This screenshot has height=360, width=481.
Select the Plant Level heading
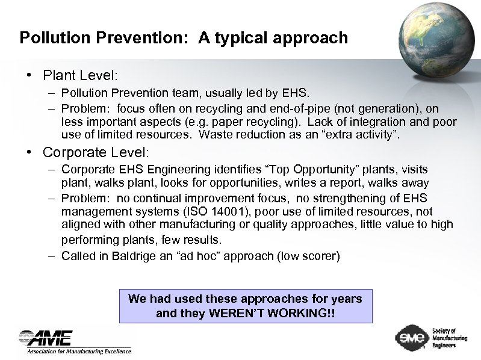(80, 76)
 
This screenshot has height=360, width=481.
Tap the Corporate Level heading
(96, 152)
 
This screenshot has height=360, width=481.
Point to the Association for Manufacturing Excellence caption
(78, 352)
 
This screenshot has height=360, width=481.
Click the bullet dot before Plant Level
(29, 76)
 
